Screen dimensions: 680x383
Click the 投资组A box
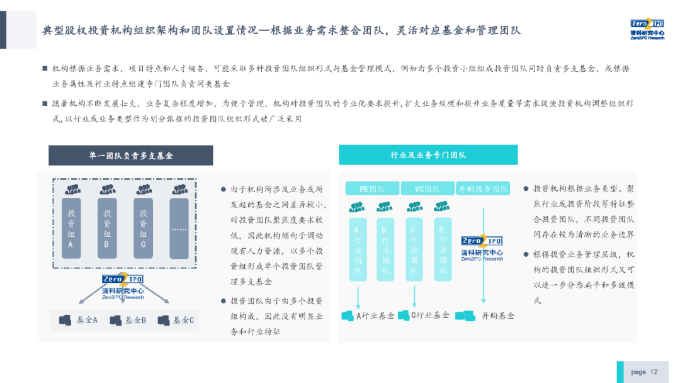click(x=72, y=227)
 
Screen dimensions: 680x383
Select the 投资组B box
click(x=108, y=227)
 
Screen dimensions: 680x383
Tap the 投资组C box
click(x=144, y=227)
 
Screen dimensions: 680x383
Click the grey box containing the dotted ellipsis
click(x=179, y=227)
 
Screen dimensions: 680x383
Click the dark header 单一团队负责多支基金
click(x=131, y=156)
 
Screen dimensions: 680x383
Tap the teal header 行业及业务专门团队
click(x=428, y=155)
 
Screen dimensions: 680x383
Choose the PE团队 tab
click(x=372, y=188)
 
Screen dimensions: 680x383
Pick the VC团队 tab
click(x=427, y=188)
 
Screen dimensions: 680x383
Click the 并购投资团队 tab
click(x=483, y=188)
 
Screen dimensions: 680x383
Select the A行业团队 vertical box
click(x=357, y=249)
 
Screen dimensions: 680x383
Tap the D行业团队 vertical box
click(x=443, y=249)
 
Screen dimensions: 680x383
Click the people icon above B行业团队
click(x=385, y=207)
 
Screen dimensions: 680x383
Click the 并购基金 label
click(x=498, y=315)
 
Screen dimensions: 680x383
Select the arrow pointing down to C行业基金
click(x=414, y=295)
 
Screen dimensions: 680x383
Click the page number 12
click(x=654, y=372)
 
